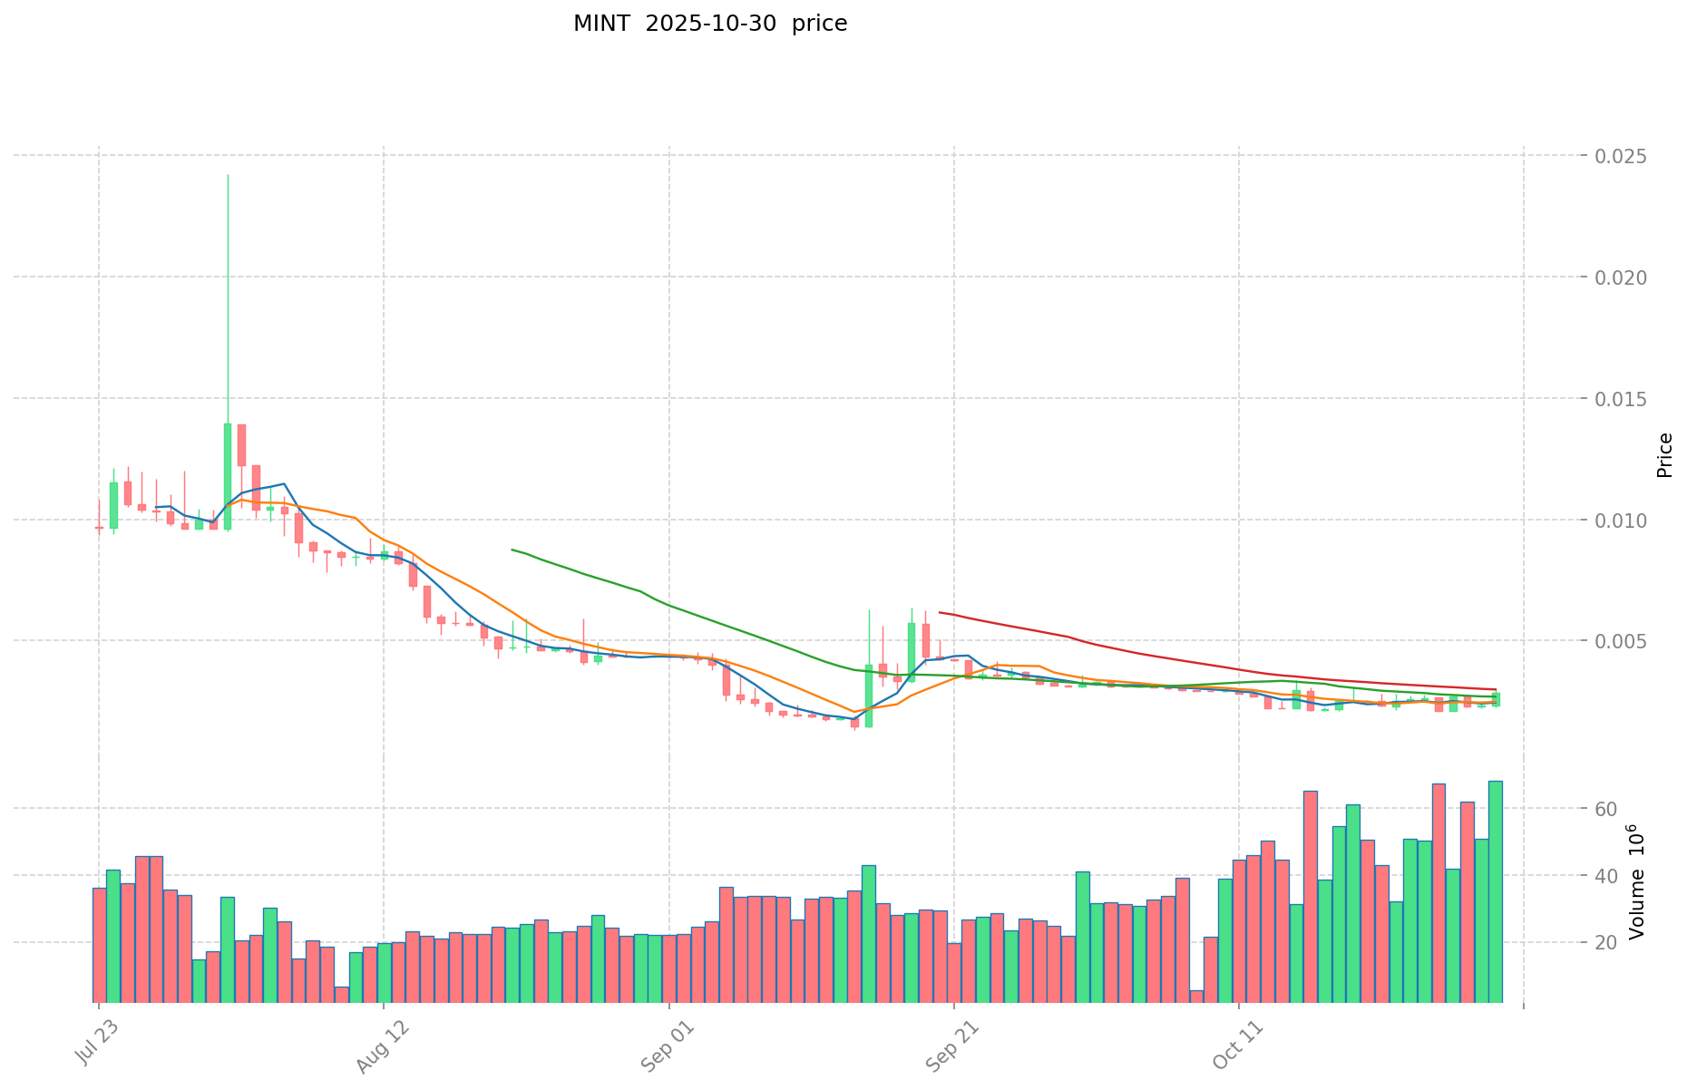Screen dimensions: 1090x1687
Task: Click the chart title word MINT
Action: [601, 24]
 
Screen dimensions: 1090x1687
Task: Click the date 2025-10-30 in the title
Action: [711, 24]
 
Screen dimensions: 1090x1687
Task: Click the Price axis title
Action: [1664, 455]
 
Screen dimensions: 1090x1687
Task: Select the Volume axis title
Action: [1638, 881]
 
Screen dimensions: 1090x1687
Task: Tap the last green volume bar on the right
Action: [1495, 890]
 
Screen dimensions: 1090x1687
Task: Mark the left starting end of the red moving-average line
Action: [940, 613]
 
